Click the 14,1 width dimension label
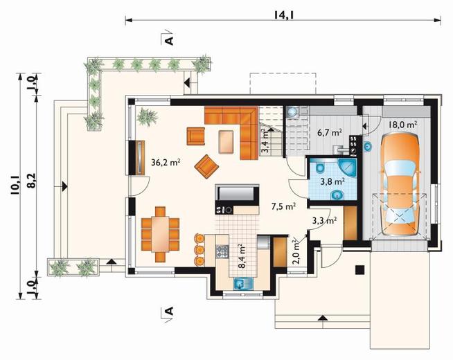[x=284, y=15]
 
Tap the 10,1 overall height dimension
[x=15, y=185]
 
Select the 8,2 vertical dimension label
[x=31, y=181]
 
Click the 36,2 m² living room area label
[x=166, y=163]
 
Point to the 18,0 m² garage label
[x=402, y=125]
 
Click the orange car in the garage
[x=400, y=186]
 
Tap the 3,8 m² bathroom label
[x=332, y=182]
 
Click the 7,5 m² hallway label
[x=283, y=206]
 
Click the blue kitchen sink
[x=243, y=283]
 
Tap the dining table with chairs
[x=160, y=235]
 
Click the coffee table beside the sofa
[x=226, y=141]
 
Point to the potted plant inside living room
[x=148, y=116]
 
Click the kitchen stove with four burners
[x=222, y=251]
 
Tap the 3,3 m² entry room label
[x=324, y=221]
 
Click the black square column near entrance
[x=359, y=270]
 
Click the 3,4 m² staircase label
[x=265, y=141]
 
